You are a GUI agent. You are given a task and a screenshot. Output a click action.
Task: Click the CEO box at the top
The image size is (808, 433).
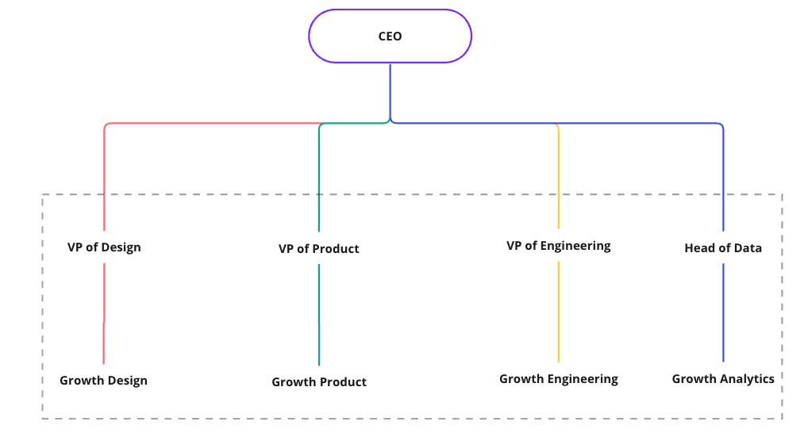tap(390, 36)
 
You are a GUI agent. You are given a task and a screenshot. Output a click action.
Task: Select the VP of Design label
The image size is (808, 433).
tap(104, 247)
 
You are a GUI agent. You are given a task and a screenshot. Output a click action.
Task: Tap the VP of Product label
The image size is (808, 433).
tap(318, 248)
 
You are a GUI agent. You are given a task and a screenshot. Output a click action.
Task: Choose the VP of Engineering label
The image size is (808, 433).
tap(558, 245)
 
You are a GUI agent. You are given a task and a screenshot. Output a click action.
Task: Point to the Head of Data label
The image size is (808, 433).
tap(722, 247)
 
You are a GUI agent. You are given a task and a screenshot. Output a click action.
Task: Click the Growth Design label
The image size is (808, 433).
tap(103, 380)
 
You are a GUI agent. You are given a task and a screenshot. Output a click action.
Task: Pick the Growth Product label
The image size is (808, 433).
tap(319, 381)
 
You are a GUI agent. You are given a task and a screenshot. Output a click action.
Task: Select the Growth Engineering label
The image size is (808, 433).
tap(558, 378)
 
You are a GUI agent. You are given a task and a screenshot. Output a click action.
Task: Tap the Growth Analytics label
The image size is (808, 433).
tap(722, 378)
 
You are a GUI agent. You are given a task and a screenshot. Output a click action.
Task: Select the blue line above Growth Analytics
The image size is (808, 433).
tap(723, 312)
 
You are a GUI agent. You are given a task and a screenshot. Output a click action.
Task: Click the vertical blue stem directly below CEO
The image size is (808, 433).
tap(390, 91)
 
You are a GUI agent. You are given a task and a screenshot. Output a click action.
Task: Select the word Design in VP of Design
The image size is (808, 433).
tap(121, 247)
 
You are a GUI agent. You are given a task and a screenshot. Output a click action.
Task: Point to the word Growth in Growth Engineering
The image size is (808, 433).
tap(520, 378)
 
